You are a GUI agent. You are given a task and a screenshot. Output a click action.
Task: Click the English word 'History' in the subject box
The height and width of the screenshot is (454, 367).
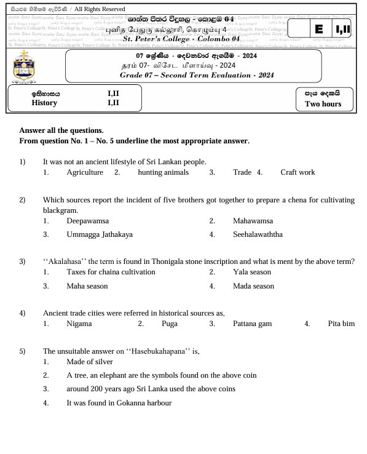tap(44, 103)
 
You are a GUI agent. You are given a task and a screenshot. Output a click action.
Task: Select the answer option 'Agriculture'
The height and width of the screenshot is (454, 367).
tap(85, 172)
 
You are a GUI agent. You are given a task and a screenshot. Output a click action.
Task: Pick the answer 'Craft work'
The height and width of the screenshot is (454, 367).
tap(298, 172)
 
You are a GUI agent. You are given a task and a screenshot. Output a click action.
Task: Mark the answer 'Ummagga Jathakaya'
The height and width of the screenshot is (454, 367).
tap(100, 234)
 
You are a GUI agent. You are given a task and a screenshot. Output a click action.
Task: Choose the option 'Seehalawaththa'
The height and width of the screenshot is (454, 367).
tap(258, 234)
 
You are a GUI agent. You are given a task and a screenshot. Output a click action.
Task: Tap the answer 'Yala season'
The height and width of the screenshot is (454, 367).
tap(252, 272)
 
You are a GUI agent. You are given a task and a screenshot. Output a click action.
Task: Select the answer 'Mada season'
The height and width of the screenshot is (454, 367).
tap(253, 286)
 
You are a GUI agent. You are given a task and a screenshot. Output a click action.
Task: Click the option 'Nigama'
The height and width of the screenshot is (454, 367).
tap(79, 323)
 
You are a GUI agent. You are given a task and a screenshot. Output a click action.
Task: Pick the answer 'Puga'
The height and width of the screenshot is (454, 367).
tap(170, 323)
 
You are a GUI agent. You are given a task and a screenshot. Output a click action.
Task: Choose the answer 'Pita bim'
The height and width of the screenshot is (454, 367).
tap(341, 323)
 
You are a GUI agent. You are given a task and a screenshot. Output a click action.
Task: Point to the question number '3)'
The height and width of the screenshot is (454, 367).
tap(23, 261)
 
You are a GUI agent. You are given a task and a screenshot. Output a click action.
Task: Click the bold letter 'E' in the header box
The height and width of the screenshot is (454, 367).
tap(318, 29)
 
